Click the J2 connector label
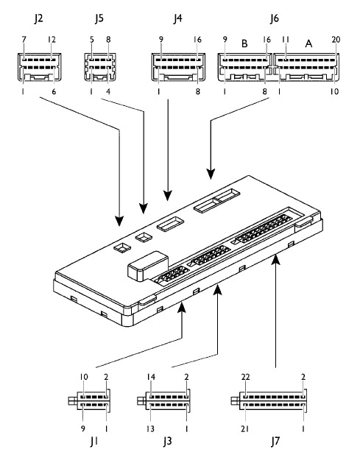point(38,18)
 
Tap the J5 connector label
point(99,18)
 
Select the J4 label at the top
point(177,18)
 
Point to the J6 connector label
point(274,18)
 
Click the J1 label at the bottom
point(94,441)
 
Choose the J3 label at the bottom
point(167,441)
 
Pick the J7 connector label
point(275,441)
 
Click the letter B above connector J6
point(244,43)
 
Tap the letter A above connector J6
point(308,43)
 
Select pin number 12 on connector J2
point(52,39)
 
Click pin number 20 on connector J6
point(336,39)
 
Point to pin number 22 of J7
point(245,377)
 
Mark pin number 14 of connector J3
point(151,377)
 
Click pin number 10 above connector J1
point(84,377)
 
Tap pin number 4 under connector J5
point(108,91)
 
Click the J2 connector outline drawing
point(39,67)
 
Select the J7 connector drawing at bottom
point(269,400)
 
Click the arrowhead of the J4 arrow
point(168,196)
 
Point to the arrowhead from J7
point(275,258)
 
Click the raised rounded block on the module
point(148,266)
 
